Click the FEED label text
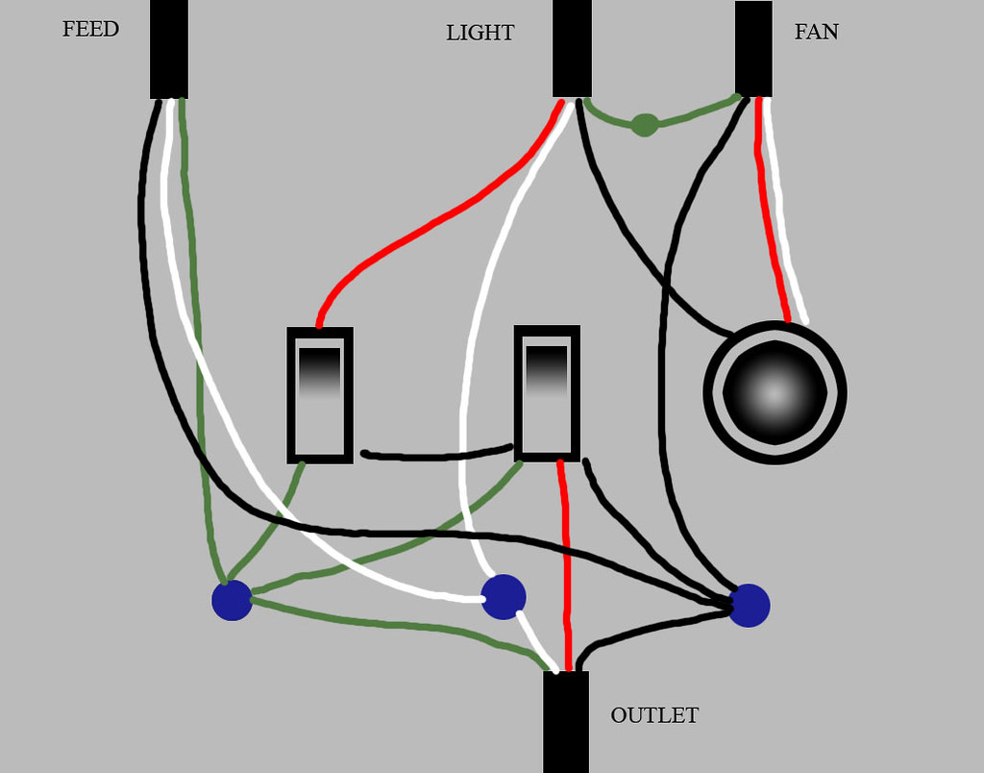tap(90, 30)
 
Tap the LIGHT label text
tap(480, 34)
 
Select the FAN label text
tap(816, 33)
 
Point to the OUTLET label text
tap(654, 716)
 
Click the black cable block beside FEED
tap(169, 48)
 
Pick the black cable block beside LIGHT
tap(572, 48)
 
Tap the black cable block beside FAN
tap(753, 48)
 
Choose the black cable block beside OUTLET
tap(566, 721)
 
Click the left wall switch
tap(320, 395)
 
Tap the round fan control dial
tap(775, 392)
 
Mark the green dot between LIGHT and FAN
tap(645, 125)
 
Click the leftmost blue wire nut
tap(232, 600)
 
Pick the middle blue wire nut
tap(504, 597)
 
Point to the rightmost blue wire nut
tap(749, 606)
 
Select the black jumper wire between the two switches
tap(437, 454)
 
